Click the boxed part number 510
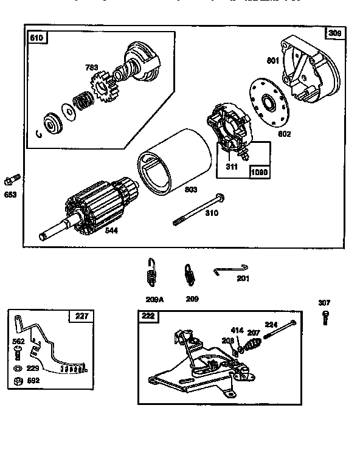click(x=37, y=38)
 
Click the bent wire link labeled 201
click(x=231, y=269)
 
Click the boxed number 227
click(x=81, y=316)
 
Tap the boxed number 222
click(x=148, y=316)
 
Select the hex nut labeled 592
click(x=16, y=382)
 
